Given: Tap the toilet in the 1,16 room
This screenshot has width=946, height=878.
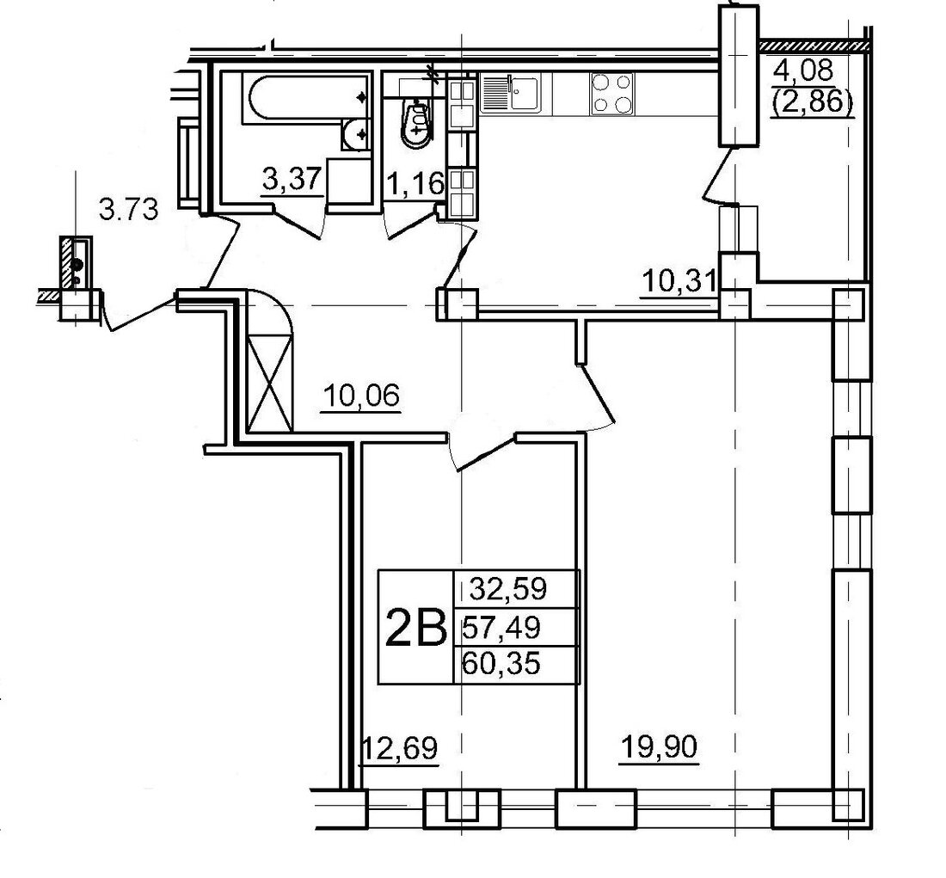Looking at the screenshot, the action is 417,123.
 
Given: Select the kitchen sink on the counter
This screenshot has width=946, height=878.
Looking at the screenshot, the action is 511,93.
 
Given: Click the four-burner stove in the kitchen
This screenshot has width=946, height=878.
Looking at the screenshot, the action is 612,94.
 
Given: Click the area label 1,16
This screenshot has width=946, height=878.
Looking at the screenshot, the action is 415,183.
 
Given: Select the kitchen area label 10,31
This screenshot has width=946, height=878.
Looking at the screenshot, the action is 679,282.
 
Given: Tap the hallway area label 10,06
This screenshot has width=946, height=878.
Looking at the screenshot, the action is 362,397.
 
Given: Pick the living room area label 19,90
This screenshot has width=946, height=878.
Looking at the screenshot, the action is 659,748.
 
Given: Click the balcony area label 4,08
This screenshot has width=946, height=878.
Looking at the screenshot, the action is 803,71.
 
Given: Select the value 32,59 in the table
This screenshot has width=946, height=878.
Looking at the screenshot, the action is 508,588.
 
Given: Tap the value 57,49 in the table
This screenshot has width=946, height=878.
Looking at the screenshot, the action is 501,629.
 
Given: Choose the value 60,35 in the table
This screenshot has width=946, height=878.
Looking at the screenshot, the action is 501,665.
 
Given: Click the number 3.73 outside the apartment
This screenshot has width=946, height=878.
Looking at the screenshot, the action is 128,211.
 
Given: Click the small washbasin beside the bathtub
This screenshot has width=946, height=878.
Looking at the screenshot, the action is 357,133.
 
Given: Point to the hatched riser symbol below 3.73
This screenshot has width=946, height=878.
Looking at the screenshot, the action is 76,261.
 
